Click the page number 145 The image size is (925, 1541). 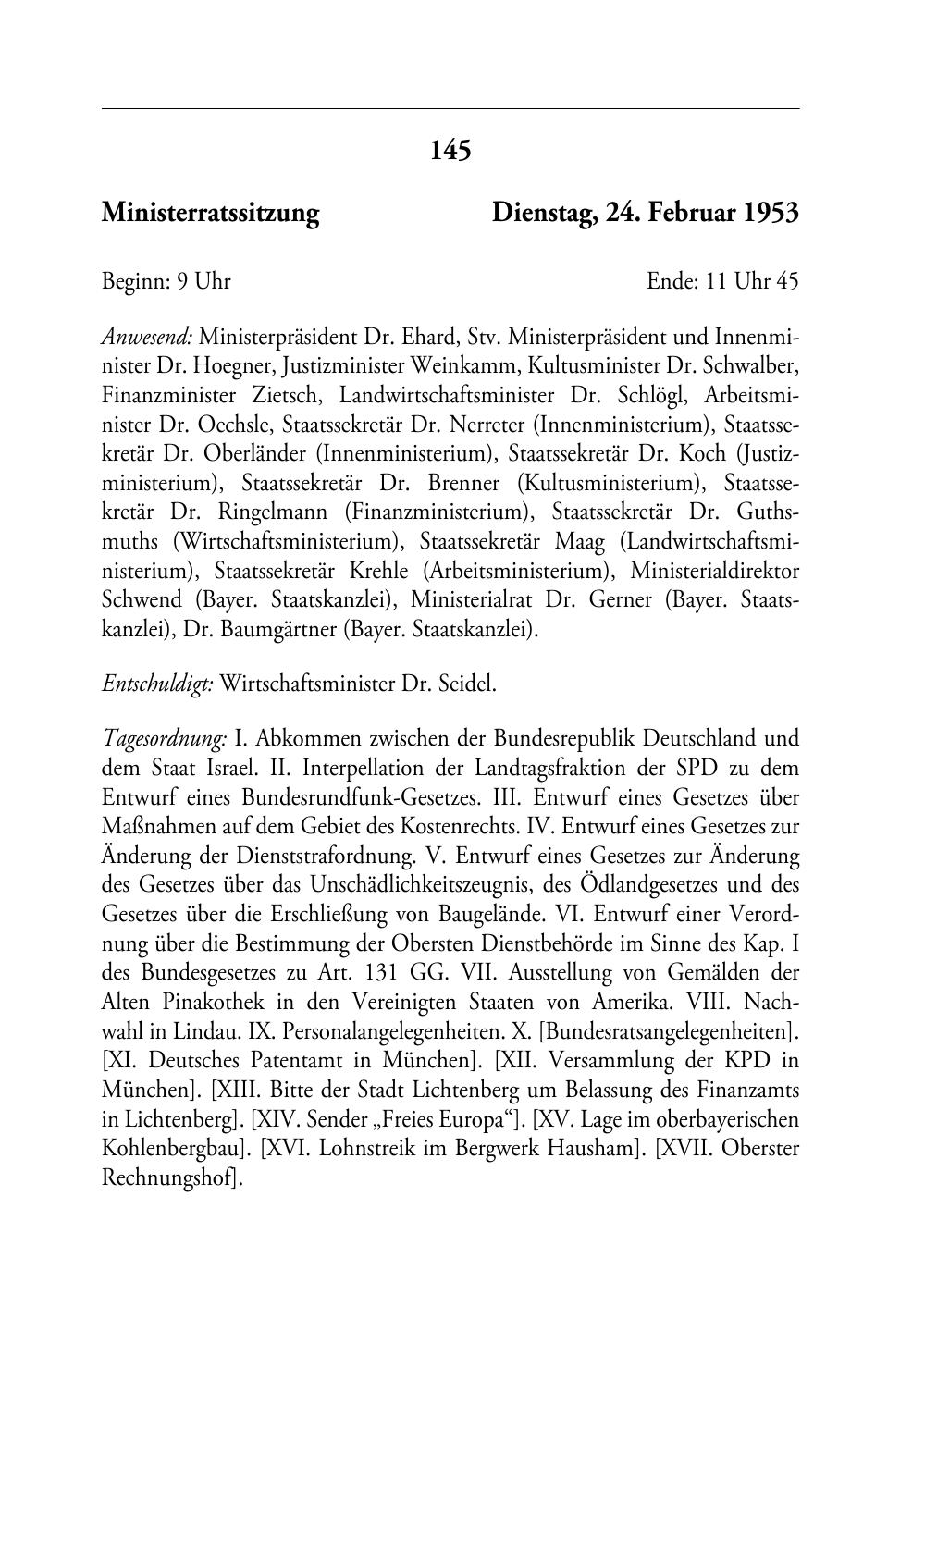point(451,150)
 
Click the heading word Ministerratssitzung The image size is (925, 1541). point(210,214)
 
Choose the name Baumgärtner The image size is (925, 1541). point(280,630)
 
